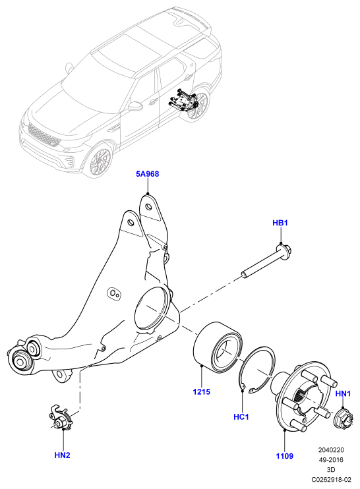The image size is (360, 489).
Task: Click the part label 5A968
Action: coord(147,174)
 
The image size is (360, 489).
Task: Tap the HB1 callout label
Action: coord(280,223)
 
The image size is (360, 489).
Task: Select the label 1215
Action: coord(202,391)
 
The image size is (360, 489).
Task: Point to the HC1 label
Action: coord(241,417)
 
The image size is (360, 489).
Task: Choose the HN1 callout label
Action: coord(343,394)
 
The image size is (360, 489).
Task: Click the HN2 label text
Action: coord(63,455)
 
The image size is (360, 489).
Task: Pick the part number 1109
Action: coord(285,456)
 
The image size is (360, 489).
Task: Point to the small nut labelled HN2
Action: coord(61,419)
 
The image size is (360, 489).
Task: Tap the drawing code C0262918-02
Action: coord(331,479)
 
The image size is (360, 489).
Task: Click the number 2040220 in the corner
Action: coord(331,450)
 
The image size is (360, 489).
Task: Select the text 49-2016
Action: coord(331,460)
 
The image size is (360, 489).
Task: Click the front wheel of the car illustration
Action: coord(100,161)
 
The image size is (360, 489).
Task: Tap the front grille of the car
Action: coord(44,134)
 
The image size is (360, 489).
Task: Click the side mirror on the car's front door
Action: coord(135,105)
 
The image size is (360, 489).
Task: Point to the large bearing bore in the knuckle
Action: coord(152,308)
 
